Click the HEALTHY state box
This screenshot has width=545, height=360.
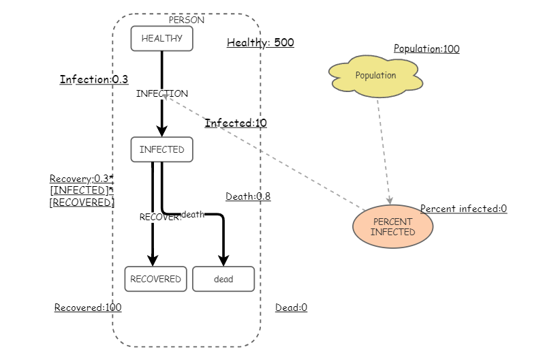click(161, 39)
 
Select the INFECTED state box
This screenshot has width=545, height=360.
click(161, 149)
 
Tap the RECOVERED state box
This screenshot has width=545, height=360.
click(155, 279)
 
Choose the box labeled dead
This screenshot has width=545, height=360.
click(223, 279)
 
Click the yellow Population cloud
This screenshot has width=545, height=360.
click(375, 76)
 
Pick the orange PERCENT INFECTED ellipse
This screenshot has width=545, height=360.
click(392, 227)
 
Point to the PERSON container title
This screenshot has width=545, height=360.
click(186, 20)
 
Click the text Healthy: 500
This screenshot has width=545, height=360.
click(260, 43)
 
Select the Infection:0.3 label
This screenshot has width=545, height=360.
click(94, 80)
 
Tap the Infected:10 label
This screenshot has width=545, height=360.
click(236, 123)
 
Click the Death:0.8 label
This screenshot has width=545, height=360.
click(248, 196)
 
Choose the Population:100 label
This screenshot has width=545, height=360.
click(426, 49)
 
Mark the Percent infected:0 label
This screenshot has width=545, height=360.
click(463, 209)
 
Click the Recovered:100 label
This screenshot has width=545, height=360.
click(88, 307)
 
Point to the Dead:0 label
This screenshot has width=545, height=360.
click(291, 307)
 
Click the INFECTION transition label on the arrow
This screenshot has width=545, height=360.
click(162, 93)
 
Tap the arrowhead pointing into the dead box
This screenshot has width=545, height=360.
click(223, 260)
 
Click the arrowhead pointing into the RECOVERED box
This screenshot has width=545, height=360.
click(153, 260)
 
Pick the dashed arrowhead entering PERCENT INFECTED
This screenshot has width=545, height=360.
click(390, 200)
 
